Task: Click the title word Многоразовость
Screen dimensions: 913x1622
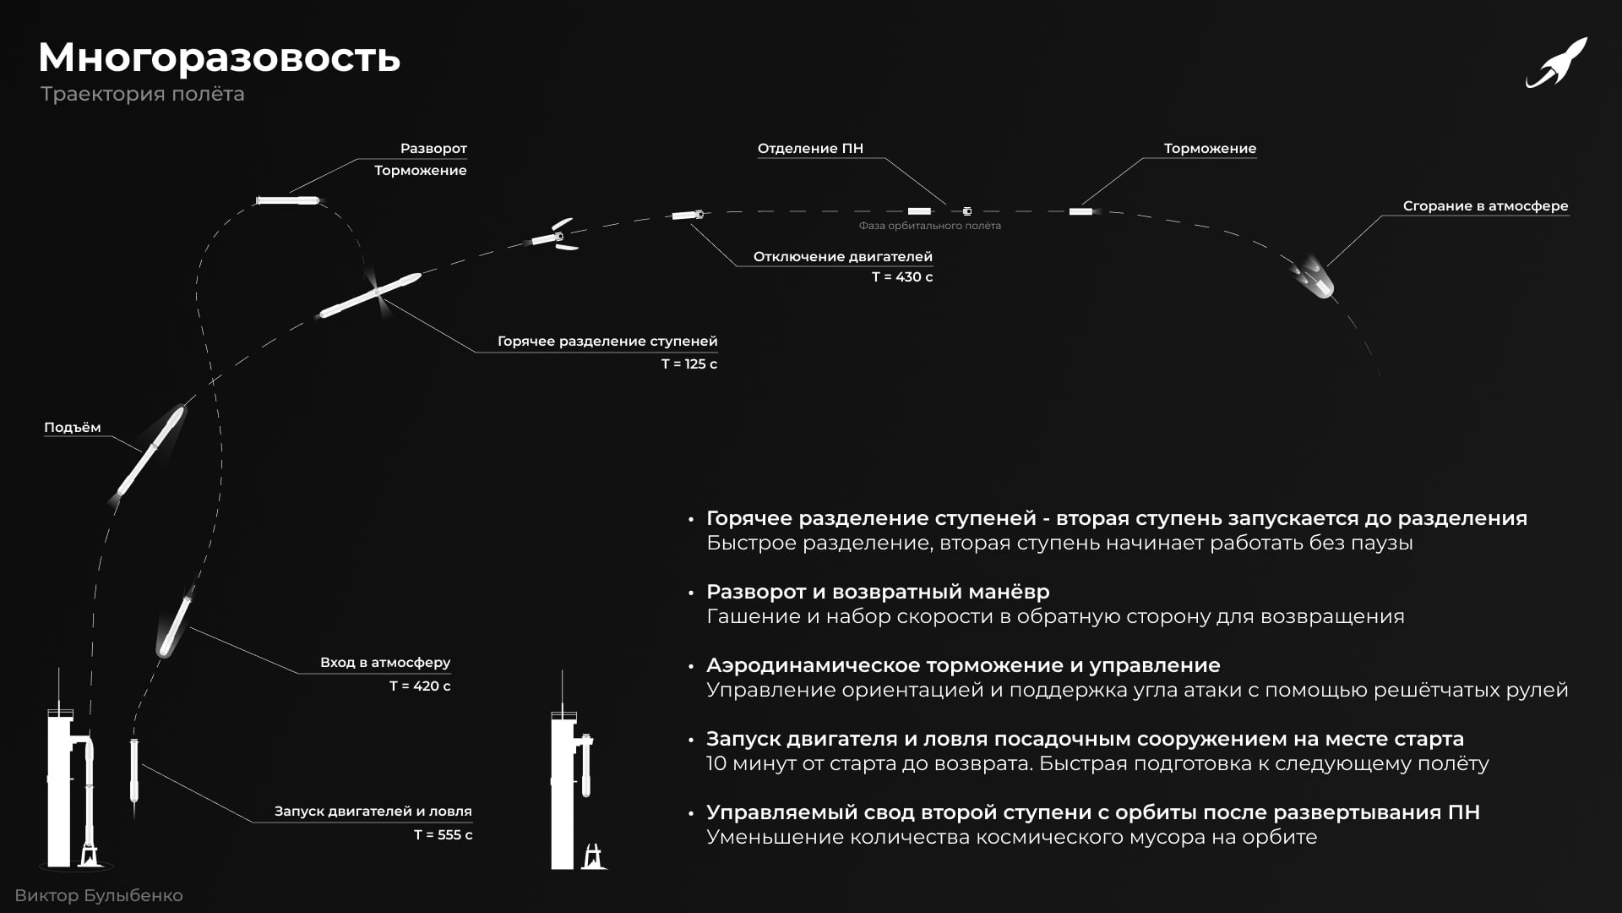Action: coord(219,57)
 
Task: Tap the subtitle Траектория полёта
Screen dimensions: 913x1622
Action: coord(142,94)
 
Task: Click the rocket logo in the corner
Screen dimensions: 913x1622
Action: coord(1556,63)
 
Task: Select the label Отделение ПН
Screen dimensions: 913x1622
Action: coord(810,149)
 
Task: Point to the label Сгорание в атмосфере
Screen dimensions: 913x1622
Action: coord(1485,206)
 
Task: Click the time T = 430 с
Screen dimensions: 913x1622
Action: coord(902,277)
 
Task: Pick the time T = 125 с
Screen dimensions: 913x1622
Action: coord(689,364)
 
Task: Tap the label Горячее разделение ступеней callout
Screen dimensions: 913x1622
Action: coord(607,342)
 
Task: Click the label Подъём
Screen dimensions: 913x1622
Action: coord(73,428)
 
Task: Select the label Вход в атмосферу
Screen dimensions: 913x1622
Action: coord(385,663)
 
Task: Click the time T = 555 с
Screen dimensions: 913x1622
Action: coord(443,835)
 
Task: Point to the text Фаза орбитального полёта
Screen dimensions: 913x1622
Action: coord(929,226)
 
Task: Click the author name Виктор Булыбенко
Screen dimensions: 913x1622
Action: coord(99,895)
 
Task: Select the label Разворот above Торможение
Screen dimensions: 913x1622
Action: coord(433,149)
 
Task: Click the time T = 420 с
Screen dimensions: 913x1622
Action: coord(420,686)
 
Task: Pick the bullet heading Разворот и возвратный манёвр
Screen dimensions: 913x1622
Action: coord(878,592)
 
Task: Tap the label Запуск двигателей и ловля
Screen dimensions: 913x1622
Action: coord(373,812)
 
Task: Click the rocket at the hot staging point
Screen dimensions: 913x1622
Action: coord(372,294)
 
